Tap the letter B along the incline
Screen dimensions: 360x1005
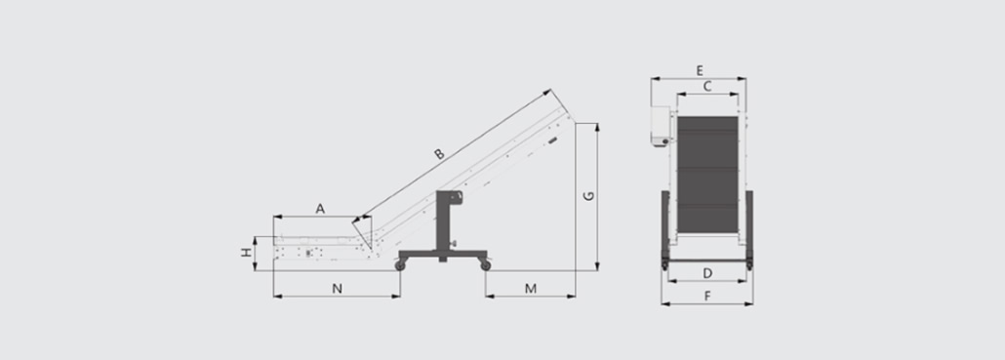point(439,153)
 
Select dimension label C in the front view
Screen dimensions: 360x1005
point(706,86)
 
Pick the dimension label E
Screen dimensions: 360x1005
point(700,69)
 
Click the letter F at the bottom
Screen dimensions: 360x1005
point(707,296)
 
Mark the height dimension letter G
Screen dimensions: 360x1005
point(587,196)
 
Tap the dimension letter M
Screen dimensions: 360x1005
point(530,288)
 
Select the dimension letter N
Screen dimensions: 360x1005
point(337,288)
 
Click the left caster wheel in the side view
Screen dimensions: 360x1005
point(401,263)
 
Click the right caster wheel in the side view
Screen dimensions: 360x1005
point(484,263)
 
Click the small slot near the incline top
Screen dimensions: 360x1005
point(553,141)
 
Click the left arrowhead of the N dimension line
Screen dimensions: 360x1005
point(276,296)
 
